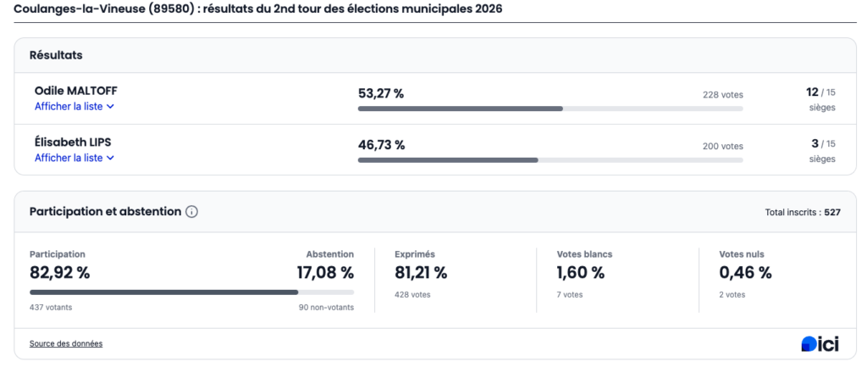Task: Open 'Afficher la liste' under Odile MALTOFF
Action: coord(74,107)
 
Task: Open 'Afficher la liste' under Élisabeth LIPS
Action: coord(74,158)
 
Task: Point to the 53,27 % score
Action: coord(381,93)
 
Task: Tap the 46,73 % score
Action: coord(381,145)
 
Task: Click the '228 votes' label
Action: coord(722,95)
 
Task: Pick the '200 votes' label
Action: coord(722,147)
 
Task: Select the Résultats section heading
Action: coord(56,55)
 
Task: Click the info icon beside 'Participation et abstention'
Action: coord(191,212)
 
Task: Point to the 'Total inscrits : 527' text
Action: coord(802,212)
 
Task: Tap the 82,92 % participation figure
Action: coord(59,272)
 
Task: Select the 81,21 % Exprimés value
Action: coord(421,272)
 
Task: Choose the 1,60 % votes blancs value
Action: coord(580,272)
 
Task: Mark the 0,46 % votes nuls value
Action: coord(745,272)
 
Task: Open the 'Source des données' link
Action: coord(66,343)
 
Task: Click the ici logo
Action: coord(820,343)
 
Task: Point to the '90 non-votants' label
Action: coord(327,307)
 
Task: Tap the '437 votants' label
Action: coord(51,307)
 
